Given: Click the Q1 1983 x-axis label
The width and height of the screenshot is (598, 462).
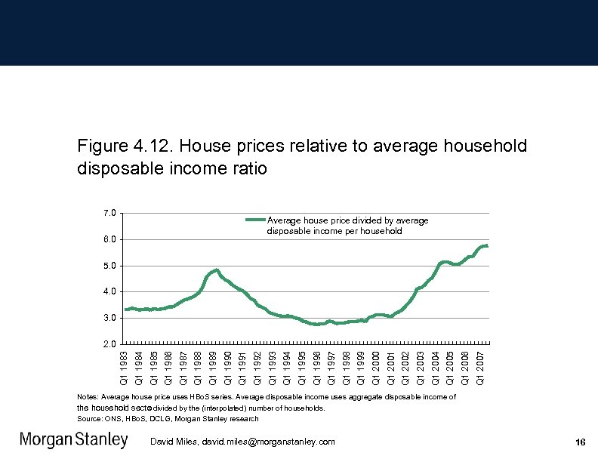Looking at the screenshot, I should click(x=125, y=366).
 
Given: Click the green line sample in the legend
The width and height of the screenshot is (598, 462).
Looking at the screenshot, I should click(x=255, y=220).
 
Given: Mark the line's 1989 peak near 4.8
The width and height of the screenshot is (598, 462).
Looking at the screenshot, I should click(x=217, y=269).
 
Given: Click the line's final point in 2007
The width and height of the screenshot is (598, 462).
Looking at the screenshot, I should click(x=488, y=245).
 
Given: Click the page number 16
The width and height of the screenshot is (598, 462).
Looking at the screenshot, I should click(x=580, y=442).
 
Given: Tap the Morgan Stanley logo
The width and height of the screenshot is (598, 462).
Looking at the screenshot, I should click(x=73, y=440).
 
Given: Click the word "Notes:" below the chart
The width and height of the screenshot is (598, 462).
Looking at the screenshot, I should click(x=88, y=396).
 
